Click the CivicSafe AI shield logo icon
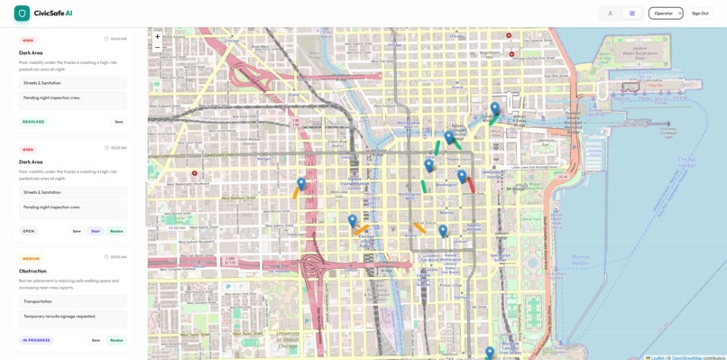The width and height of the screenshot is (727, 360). pos(22,14)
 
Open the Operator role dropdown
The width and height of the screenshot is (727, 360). pos(666,14)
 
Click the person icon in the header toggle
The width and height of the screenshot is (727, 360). pos(610,14)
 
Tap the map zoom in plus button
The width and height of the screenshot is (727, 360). pos(157,37)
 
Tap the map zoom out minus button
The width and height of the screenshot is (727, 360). pos(157,48)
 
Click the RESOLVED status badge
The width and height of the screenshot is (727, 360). pos(33,122)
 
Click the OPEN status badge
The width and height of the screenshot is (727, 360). pos(29,231)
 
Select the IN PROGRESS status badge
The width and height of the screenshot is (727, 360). pos(37,340)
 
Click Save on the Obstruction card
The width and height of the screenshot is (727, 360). pos(96,340)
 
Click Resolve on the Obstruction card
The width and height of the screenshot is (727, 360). pos(116,340)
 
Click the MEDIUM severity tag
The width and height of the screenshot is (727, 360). pos(31,258)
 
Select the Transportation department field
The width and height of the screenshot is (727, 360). pos(73,301)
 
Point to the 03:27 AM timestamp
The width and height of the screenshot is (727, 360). pos(118,148)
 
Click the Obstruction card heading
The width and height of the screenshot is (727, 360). pos(32,271)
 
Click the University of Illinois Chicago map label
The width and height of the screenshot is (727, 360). pos(288,340)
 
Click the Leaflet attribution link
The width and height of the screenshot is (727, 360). pos(658,357)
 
